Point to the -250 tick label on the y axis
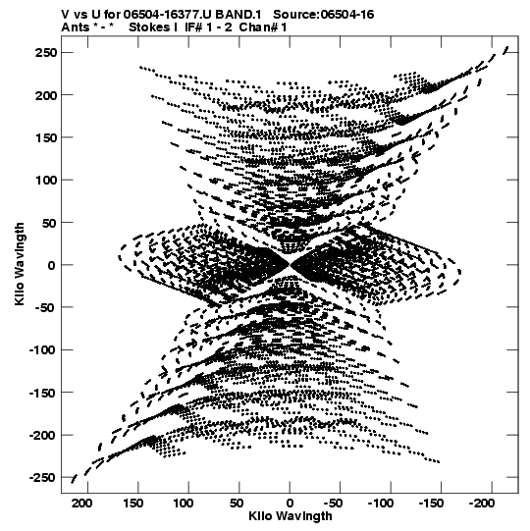(42, 478)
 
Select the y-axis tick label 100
(46, 181)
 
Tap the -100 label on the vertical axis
(42, 350)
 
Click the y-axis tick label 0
(51, 265)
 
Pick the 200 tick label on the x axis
(81, 504)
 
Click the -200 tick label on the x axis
(482, 504)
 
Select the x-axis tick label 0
(290, 504)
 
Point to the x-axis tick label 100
(183, 504)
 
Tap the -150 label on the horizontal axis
(431, 504)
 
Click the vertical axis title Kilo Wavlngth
(20, 264)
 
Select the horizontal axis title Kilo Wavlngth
(291, 516)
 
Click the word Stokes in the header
(149, 27)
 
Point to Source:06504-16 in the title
(324, 15)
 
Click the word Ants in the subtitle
(76, 27)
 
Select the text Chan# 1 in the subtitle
(263, 27)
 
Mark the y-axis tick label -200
(42, 435)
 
